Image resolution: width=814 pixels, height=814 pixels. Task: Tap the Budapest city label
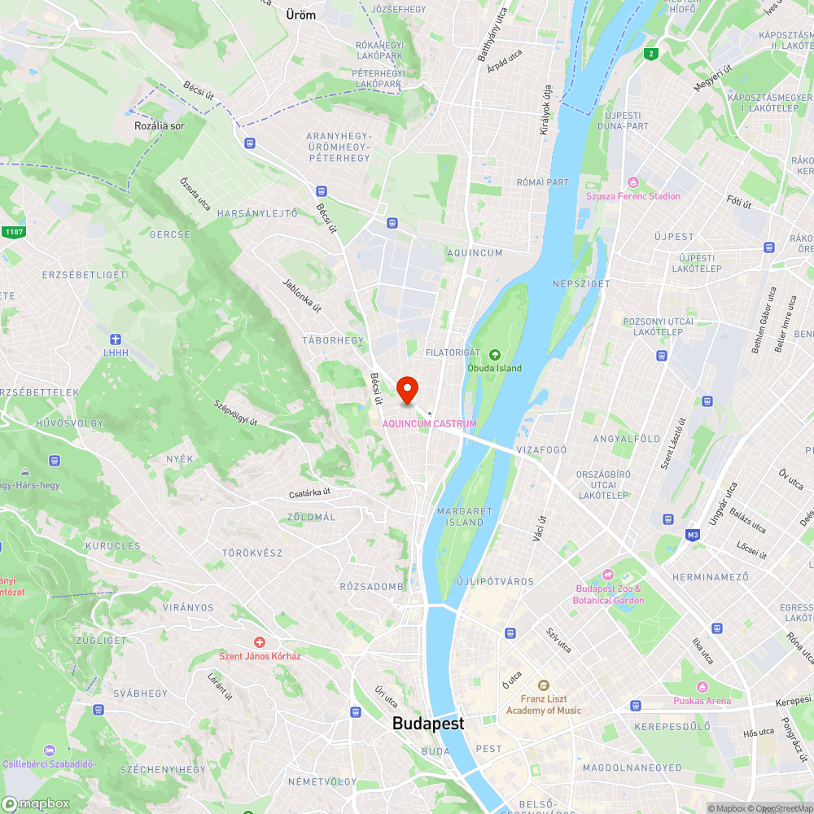(x=428, y=723)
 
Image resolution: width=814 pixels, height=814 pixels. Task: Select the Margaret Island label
(x=465, y=516)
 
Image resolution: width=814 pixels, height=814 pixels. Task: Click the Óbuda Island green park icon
(x=494, y=354)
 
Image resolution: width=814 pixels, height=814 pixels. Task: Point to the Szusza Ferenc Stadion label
(x=633, y=196)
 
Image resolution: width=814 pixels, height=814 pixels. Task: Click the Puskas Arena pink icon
(x=702, y=687)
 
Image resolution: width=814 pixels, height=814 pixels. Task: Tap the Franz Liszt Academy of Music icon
(x=544, y=685)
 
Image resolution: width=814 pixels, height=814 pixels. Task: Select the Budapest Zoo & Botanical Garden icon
(x=608, y=575)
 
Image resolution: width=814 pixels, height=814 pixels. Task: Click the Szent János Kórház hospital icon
(x=260, y=643)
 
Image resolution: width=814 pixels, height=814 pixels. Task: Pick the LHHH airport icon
(x=116, y=339)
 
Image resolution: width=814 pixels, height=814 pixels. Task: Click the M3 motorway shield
(x=693, y=535)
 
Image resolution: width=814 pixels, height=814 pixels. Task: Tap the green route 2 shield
(x=650, y=55)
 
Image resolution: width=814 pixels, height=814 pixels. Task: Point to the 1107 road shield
(x=13, y=233)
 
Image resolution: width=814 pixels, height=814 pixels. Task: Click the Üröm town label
(x=301, y=15)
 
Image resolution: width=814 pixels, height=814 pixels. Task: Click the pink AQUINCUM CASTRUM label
(x=430, y=423)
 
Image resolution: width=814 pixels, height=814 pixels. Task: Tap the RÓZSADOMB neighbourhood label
(x=372, y=586)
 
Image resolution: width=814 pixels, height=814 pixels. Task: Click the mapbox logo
(x=37, y=803)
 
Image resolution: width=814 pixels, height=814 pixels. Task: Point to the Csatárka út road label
(x=310, y=492)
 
